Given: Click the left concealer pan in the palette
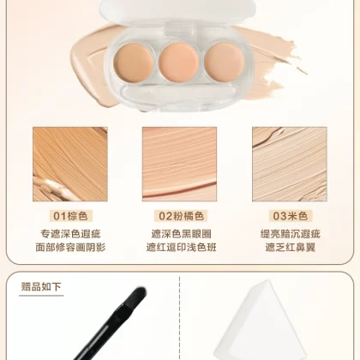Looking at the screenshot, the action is [134, 63].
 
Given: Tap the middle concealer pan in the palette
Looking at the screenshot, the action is [179, 62].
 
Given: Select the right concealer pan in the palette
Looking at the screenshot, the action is [225, 62].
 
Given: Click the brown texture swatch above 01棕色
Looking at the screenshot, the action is [70, 165].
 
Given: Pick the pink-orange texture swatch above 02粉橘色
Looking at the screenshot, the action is [179, 165].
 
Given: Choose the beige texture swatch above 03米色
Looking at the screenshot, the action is [290, 165].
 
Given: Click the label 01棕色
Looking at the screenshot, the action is [70, 216].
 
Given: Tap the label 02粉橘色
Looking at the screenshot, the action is [181, 216].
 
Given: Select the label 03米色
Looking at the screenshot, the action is [291, 216].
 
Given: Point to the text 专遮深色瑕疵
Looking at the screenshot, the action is [70, 234].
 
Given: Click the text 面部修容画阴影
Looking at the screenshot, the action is [70, 247].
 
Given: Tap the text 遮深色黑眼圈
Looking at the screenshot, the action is [181, 234].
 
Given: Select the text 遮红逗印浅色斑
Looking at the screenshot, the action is [181, 247].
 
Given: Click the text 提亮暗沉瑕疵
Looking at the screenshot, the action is [291, 234].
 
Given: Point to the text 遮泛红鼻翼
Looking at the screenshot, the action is [291, 247].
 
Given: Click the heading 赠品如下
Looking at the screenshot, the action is [41, 286].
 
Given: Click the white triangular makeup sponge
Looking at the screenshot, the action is [260, 323].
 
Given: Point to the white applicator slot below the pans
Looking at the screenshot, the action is [179, 94].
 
